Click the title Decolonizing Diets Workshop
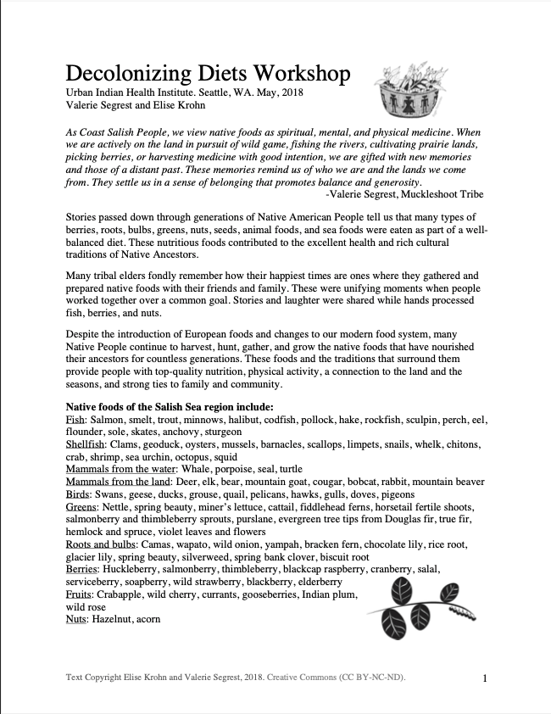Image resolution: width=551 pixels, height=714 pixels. (208, 74)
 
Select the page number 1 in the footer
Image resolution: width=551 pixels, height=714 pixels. (484, 678)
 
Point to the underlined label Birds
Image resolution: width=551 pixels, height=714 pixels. (79, 494)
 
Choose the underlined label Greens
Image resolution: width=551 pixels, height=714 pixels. (82, 507)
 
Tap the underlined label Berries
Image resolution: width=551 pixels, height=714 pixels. (84, 571)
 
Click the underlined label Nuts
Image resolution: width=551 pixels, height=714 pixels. (76, 620)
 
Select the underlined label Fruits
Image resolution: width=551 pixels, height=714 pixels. (81, 595)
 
